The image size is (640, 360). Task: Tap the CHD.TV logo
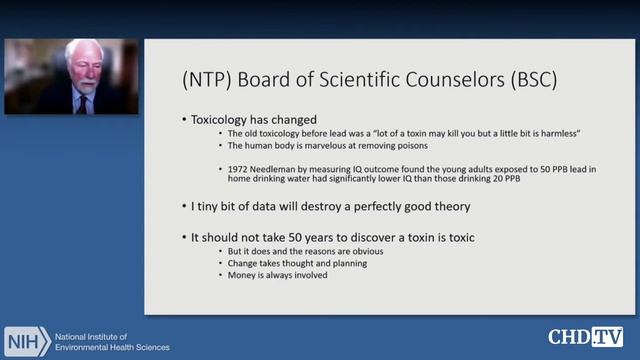click(x=585, y=337)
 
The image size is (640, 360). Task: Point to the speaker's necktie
click(x=81, y=100)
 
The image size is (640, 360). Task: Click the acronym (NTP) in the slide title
click(x=205, y=79)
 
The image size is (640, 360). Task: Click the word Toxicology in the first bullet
click(x=223, y=119)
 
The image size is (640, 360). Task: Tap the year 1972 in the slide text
click(x=240, y=170)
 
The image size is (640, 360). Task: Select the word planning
click(x=347, y=263)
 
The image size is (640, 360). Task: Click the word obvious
click(x=363, y=251)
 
